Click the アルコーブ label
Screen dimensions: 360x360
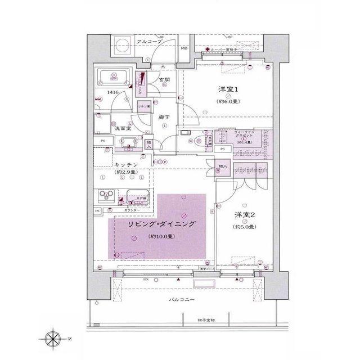(x=149, y=42)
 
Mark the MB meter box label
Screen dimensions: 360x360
(x=183, y=48)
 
